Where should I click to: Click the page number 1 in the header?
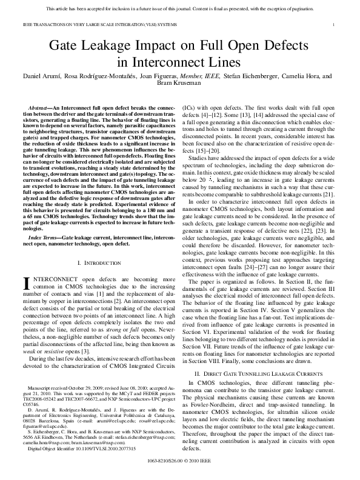coord(335,24)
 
